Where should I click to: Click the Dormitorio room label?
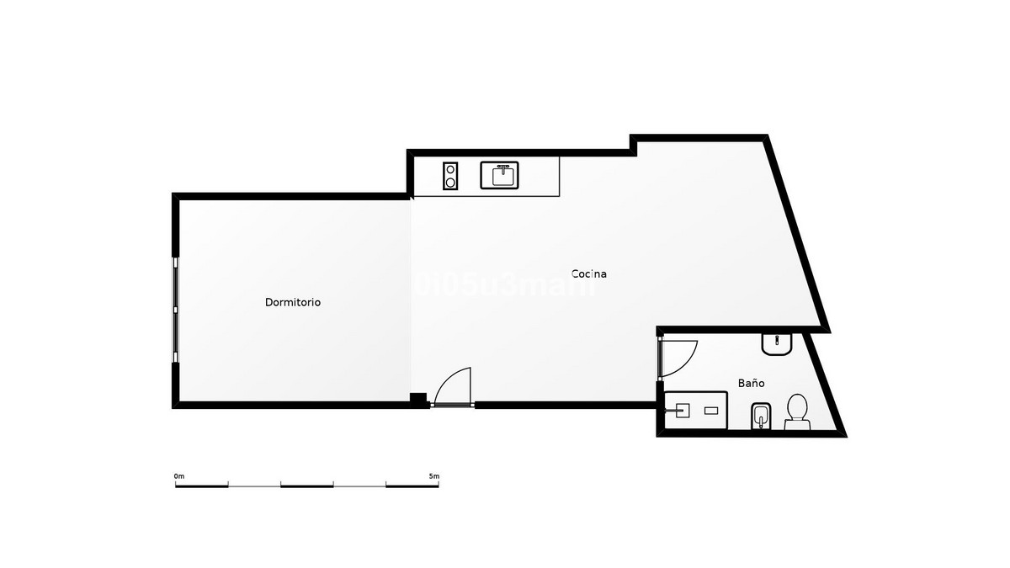[293, 302]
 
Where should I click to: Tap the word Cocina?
[589, 273]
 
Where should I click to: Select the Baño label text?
[752, 383]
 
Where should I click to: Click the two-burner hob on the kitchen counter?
[451, 175]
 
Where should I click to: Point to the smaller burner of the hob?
[451, 168]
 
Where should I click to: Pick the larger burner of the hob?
[451, 182]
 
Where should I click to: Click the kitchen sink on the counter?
[502, 175]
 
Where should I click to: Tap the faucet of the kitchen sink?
[502, 167]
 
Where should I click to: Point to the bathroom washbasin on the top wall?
[776, 343]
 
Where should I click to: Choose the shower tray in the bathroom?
[695, 410]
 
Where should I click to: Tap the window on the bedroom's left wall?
[175, 310]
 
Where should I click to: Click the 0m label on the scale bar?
[179, 476]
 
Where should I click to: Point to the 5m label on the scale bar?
[433, 476]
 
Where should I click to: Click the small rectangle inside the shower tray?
[711, 410]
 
